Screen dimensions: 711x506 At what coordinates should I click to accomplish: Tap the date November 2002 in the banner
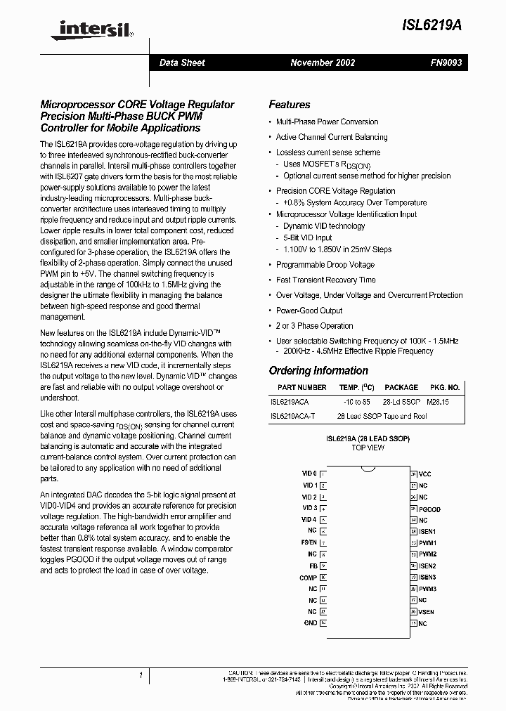pyautogui.click(x=323, y=63)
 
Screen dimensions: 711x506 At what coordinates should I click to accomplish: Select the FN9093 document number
pyautogui.click(x=446, y=63)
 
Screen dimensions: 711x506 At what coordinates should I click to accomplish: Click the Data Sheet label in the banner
pyautogui.click(x=182, y=63)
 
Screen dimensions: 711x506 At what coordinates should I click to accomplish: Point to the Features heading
pyautogui.click(x=289, y=105)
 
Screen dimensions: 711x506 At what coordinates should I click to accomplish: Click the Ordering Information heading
pyautogui.click(x=318, y=370)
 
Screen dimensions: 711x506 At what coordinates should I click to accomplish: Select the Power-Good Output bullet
pyautogui.click(x=309, y=311)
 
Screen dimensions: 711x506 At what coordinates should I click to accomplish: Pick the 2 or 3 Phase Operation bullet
pyautogui.click(x=314, y=326)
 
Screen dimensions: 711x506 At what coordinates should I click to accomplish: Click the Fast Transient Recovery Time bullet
pyautogui.click(x=325, y=280)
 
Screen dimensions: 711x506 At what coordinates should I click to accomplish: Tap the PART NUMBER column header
pyautogui.click(x=301, y=387)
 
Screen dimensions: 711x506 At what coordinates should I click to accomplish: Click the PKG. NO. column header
pyautogui.click(x=444, y=387)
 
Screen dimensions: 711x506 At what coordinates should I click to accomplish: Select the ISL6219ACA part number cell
pyautogui.click(x=290, y=402)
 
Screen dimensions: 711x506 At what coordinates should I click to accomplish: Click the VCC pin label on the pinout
pyautogui.click(x=426, y=474)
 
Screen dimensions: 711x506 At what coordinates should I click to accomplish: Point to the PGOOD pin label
pyautogui.click(x=429, y=509)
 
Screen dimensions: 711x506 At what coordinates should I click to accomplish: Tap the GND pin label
pyautogui.click(x=310, y=622)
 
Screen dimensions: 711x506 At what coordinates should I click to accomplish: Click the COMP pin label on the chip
pyautogui.click(x=308, y=578)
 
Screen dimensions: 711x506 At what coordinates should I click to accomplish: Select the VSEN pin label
pyautogui.click(x=427, y=611)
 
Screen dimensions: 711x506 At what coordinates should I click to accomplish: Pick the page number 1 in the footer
pyautogui.click(x=141, y=676)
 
